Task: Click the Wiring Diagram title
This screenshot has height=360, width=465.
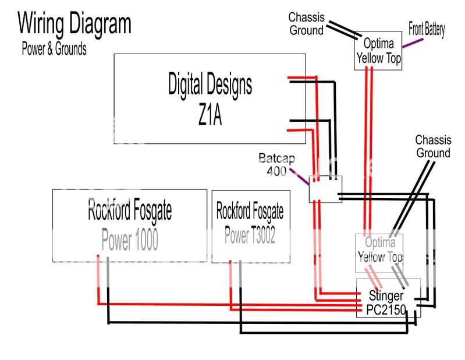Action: pyautogui.click(x=74, y=24)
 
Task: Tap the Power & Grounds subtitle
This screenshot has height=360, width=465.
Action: pyautogui.click(x=54, y=49)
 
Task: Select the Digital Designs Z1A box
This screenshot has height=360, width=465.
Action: pyautogui.click(x=210, y=98)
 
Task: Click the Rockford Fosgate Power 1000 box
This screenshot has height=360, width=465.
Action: pyautogui.click(x=129, y=225)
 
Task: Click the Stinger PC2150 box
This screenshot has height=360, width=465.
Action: pyautogui.click(x=388, y=297)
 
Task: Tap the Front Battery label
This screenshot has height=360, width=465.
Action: pyautogui.click(x=427, y=29)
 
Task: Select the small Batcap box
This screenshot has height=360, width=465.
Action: pyautogui.click(x=325, y=189)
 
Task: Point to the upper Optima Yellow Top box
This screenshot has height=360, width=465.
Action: pyautogui.click(x=378, y=51)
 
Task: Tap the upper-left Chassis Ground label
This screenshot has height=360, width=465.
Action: pyautogui.click(x=306, y=23)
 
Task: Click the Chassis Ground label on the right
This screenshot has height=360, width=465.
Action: pyautogui.click(x=432, y=146)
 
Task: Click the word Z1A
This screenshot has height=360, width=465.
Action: pyautogui.click(x=210, y=116)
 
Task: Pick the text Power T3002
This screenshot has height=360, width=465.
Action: pyautogui.click(x=250, y=236)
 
